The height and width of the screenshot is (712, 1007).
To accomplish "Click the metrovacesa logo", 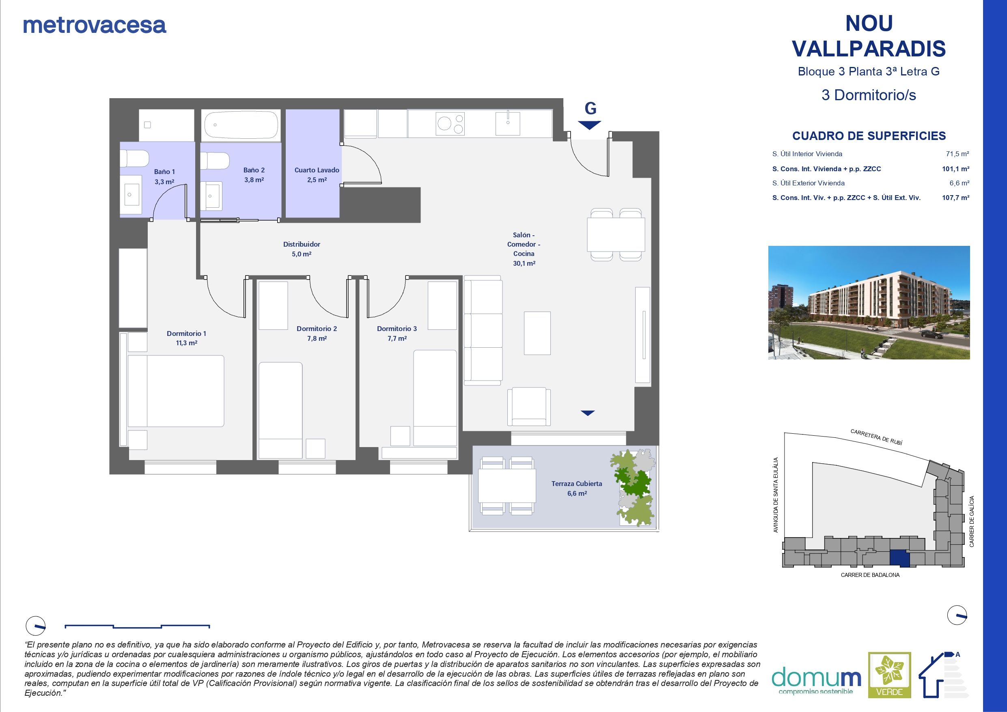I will (94, 26).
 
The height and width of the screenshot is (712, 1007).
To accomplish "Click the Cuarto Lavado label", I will (317, 174).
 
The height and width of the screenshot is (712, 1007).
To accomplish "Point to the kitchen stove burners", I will (451, 123).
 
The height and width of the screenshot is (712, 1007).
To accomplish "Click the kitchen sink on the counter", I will (507, 123).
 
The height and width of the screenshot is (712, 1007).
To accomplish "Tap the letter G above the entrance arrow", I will (590, 108).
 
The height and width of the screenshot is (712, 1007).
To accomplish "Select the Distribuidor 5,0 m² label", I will (301, 249).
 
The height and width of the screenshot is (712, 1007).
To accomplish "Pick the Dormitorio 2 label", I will (317, 333).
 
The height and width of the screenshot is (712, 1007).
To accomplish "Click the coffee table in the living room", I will (537, 333).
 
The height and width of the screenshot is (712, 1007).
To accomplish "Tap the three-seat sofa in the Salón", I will (483, 331).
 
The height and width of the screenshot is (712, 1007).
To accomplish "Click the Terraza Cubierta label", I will (576, 488).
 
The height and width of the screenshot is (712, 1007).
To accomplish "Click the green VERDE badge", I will (890, 681).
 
